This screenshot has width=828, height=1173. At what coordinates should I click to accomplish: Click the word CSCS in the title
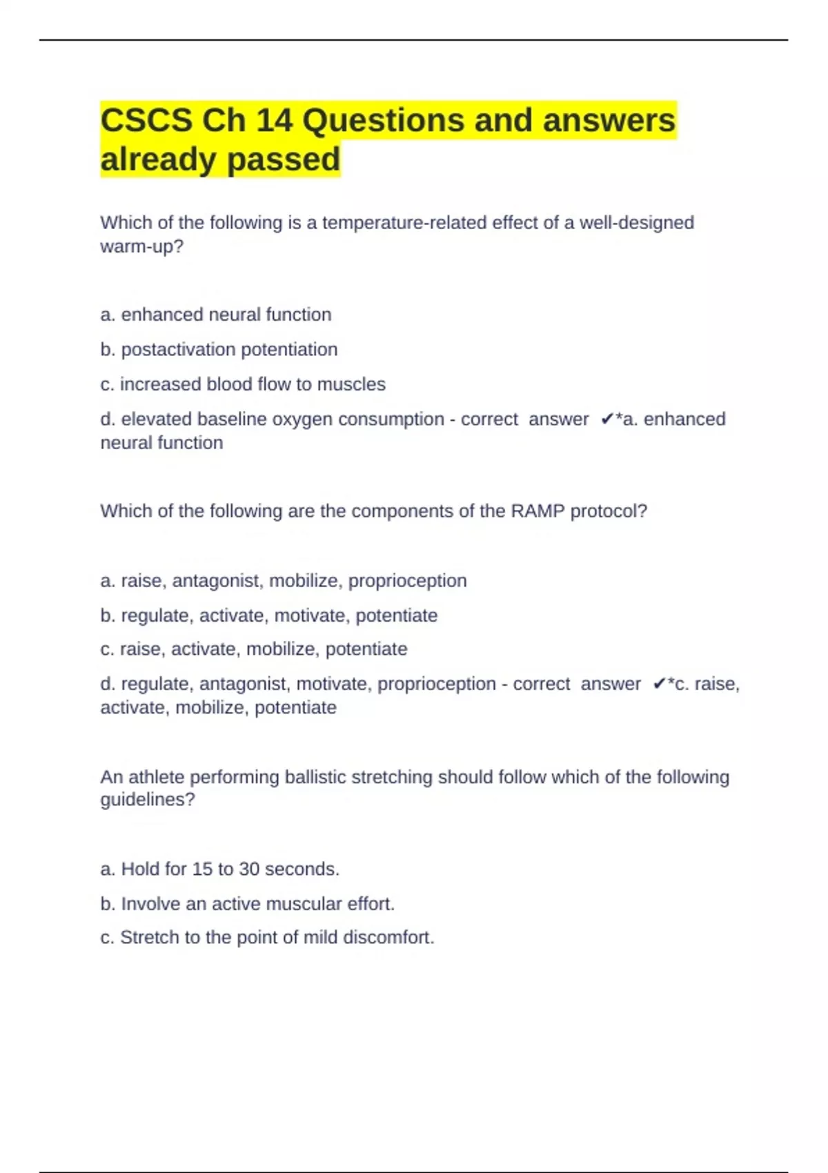(x=146, y=121)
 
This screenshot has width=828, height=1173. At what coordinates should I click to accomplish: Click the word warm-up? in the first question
(x=142, y=246)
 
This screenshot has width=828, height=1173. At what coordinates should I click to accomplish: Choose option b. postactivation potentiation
(x=219, y=350)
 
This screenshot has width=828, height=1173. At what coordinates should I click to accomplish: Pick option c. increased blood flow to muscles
(x=243, y=384)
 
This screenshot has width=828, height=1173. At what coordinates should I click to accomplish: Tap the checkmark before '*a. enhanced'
(x=607, y=420)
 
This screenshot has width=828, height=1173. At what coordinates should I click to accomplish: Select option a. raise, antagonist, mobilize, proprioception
(x=283, y=581)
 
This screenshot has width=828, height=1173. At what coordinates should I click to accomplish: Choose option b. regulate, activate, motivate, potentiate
(x=268, y=615)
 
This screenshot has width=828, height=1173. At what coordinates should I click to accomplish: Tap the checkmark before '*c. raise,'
(x=659, y=684)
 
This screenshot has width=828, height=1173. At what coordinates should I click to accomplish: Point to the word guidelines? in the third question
(x=148, y=800)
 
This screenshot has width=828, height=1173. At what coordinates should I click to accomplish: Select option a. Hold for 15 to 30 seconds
(x=219, y=869)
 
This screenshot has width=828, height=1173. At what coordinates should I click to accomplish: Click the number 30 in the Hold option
(x=248, y=869)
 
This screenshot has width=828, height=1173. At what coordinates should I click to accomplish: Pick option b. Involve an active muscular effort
(x=247, y=904)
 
